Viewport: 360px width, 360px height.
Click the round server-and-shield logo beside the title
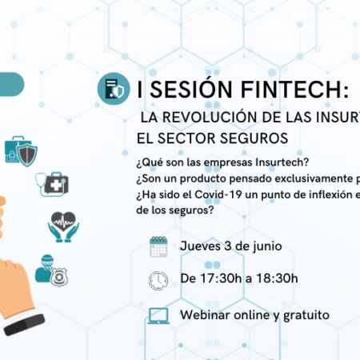[114, 89]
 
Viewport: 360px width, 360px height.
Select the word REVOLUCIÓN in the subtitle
[210, 117]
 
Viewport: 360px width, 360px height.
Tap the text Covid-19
[218, 194]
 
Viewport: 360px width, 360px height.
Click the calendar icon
[158, 246]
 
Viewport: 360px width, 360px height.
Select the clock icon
[158, 281]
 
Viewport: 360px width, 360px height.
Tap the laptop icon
[158, 316]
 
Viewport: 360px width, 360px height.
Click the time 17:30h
[221, 278]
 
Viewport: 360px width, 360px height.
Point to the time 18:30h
[277, 278]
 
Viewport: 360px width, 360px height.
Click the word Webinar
[206, 315]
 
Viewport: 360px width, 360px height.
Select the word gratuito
[306, 316]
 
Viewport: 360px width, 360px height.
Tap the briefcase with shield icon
[21, 151]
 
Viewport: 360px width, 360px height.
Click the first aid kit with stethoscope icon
[52, 184]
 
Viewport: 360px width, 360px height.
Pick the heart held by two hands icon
[63, 227]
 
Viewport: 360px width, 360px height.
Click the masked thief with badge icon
[51, 270]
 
